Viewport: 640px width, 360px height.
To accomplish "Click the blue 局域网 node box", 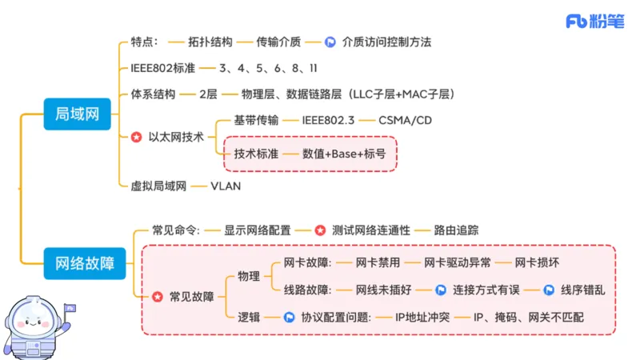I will tap(77, 115).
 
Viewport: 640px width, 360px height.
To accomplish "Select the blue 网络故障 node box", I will tap(84, 262).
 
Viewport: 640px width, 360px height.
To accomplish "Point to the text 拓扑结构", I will tap(210, 42).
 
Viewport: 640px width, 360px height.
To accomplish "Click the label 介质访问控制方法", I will tap(391, 42).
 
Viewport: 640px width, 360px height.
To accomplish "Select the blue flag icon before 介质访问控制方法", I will tap(330, 42).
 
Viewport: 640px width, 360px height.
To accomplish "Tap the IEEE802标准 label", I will tap(162, 69).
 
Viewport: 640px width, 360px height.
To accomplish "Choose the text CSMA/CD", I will tap(404, 122).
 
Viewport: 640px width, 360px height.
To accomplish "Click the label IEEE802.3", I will tap(330, 122).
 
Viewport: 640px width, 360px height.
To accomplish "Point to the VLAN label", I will tap(225, 186).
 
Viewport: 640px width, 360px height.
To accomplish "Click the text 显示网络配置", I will tap(257, 230).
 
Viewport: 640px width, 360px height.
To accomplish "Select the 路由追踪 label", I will tap(457, 230).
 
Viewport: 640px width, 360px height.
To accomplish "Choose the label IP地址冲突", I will tap(423, 318).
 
